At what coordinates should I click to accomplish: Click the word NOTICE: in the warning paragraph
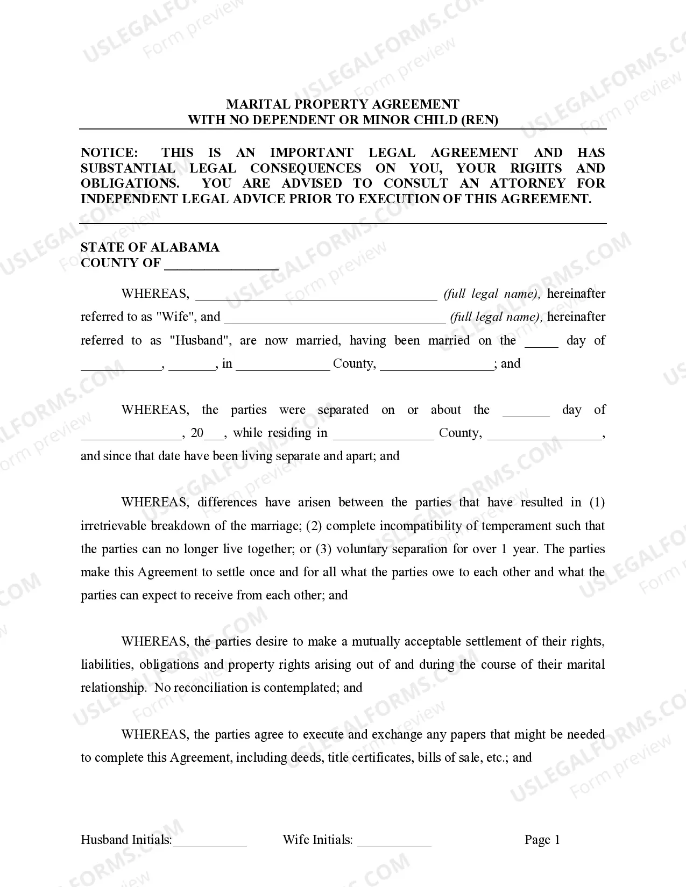109,153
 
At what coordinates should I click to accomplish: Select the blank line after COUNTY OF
221,264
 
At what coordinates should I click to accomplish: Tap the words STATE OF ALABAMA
150,247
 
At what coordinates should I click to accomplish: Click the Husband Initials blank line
209,842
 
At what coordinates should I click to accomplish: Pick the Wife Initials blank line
394,842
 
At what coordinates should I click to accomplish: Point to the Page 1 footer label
542,840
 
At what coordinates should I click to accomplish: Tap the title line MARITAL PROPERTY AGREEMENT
343,104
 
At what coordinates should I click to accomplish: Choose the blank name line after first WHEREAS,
316,295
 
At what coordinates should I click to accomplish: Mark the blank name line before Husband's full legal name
335,318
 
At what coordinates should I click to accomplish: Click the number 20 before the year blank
197,433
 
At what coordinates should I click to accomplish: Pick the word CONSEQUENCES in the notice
306,168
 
